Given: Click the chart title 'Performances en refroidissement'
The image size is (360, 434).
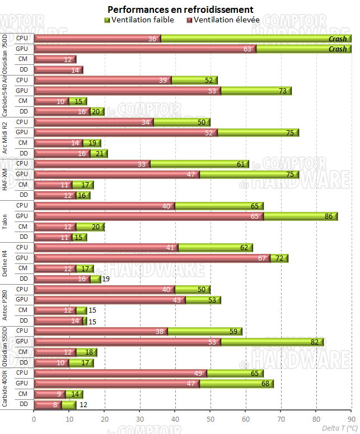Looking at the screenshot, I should pyautogui.click(x=180, y=10).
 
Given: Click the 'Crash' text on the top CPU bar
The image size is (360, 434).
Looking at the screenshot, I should pyautogui.click(x=338, y=39).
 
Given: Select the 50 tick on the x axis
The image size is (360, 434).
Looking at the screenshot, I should pyautogui.click(x=210, y=418).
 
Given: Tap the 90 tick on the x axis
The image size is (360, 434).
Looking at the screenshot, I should pyautogui.click(x=351, y=418).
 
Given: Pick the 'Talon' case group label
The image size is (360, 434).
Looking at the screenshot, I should pyautogui.click(x=5, y=221).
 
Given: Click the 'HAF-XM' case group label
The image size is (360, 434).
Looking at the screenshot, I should pyautogui.click(x=5, y=179).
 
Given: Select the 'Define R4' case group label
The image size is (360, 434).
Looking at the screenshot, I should pyautogui.click(x=5, y=263).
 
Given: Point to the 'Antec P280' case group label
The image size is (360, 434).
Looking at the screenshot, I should pyautogui.click(x=5, y=305).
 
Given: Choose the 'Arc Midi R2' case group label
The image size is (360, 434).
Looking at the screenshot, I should pyautogui.click(x=5, y=137).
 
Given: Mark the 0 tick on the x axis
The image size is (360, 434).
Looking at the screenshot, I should pyautogui.click(x=34, y=418).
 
